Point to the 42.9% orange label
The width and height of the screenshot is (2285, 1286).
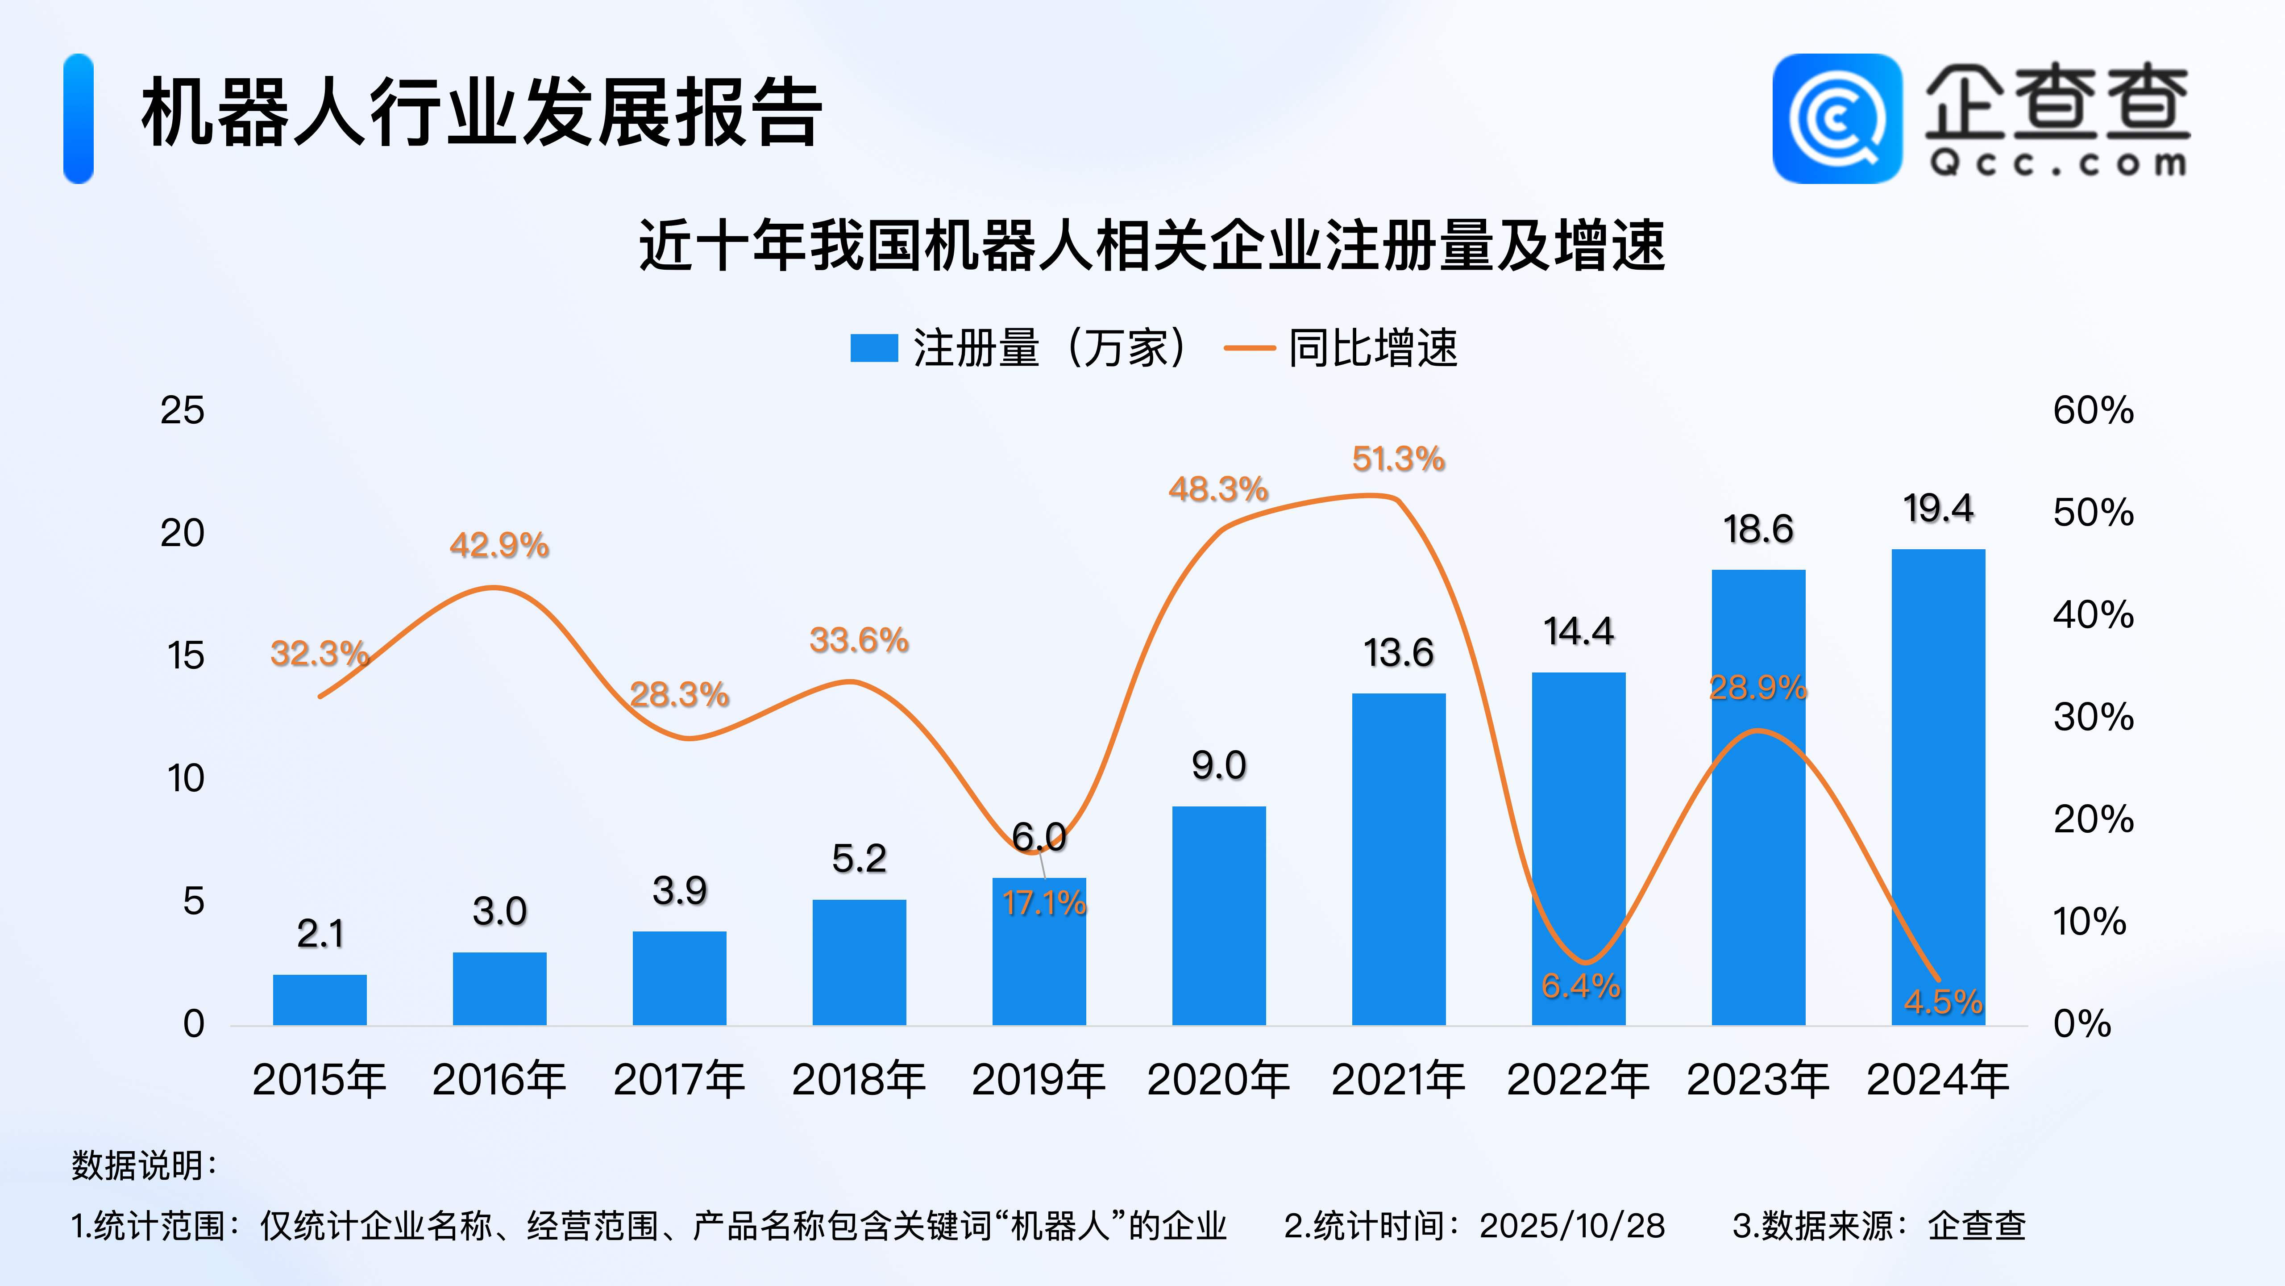click(499, 545)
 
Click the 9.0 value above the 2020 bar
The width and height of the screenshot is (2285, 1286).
click(1219, 765)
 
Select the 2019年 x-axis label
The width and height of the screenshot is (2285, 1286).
click(1039, 1080)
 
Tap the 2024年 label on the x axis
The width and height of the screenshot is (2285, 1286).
click(1938, 1080)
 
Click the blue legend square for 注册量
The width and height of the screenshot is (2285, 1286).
click(874, 348)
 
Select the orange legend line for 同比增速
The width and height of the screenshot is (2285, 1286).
click(1249, 348)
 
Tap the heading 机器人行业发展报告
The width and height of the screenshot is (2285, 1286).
click(482, 113)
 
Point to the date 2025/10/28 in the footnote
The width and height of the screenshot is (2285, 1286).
click(1572, 1226)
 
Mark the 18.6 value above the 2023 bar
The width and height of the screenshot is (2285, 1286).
click(1758, 530)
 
